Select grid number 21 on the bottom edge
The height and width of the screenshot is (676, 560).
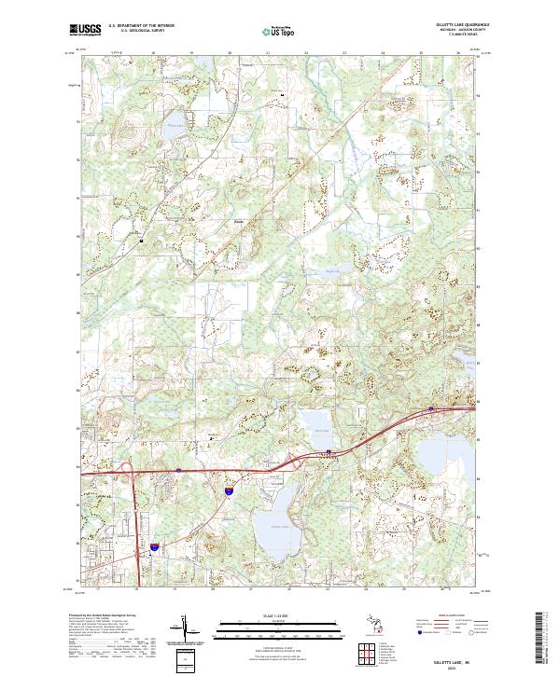[x=251, y=589]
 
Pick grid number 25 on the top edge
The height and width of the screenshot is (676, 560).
[x=422, y=52]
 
